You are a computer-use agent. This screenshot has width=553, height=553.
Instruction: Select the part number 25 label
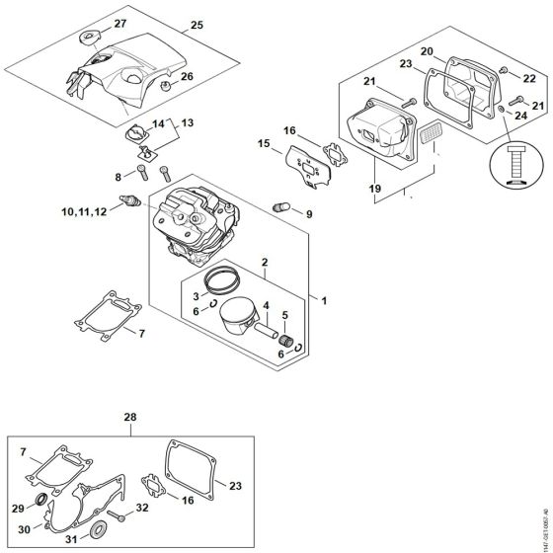tap(196, 24)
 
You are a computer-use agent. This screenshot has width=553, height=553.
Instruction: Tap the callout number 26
tap(187, 77)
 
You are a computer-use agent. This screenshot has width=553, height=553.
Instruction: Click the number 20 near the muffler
tap(428, 50)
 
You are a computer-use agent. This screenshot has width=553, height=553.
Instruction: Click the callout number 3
tap(197, 295)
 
